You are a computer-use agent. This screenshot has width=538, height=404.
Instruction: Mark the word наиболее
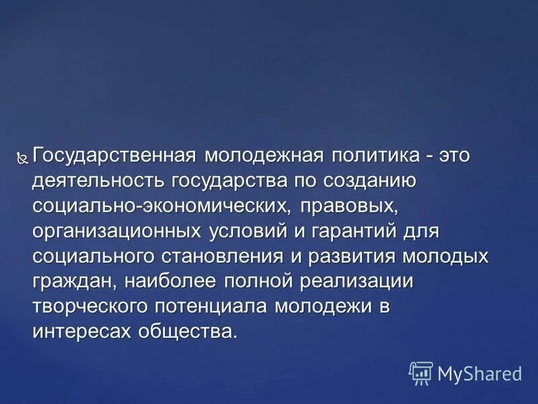point(165,281)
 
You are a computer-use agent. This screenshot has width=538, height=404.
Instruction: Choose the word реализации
point(354,281)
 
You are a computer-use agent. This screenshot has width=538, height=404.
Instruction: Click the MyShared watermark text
point(479,372)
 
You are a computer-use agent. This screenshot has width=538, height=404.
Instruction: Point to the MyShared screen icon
point(421,372)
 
